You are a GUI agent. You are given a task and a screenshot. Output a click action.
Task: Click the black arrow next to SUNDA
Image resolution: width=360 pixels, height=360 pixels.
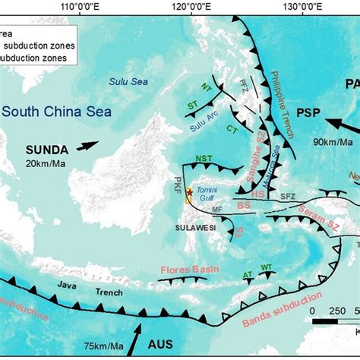(86, 145)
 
